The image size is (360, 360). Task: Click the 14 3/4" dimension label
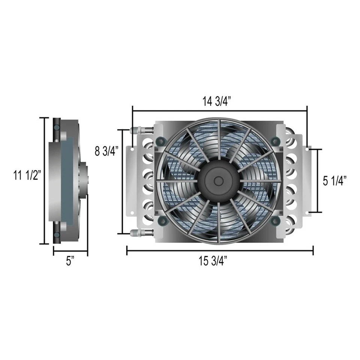219,101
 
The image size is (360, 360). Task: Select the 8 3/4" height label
106,151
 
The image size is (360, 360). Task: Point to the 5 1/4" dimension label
335,181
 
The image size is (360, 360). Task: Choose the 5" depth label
70,261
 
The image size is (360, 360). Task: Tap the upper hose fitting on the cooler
140,130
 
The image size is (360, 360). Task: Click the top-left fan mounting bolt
160,141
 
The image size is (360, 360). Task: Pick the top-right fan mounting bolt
275,141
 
